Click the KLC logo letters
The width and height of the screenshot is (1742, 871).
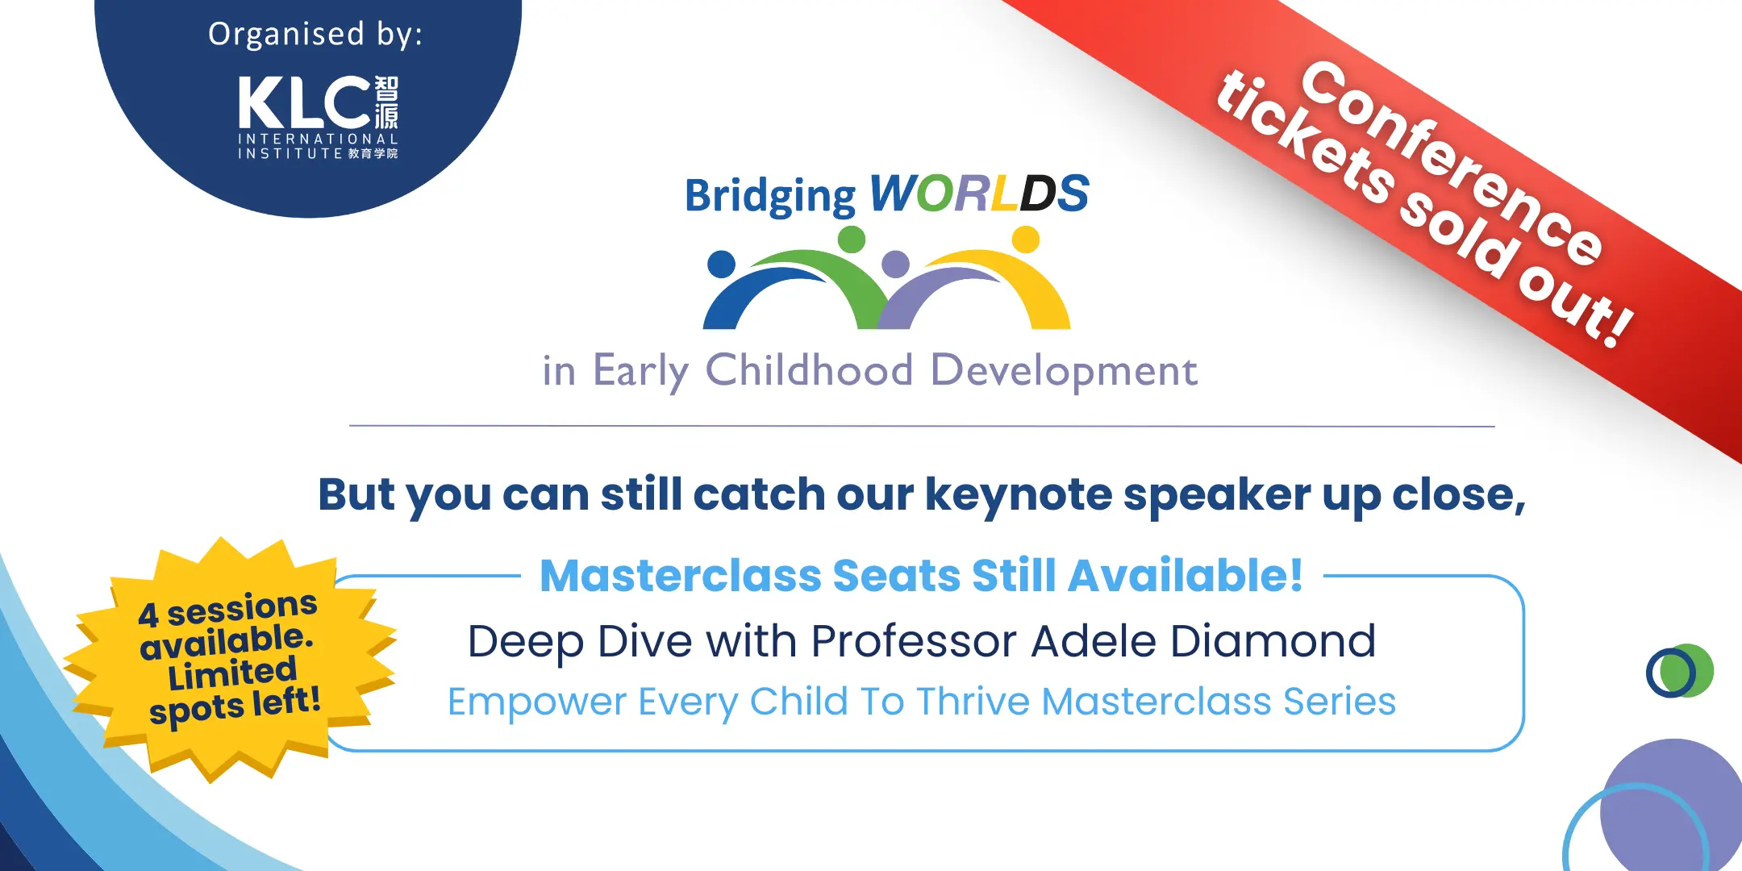coord(304,102)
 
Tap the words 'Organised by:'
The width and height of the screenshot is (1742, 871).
coord(315,35)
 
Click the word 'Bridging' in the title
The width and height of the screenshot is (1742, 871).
coord(769,196)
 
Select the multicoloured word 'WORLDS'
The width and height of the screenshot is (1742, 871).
coord(979,194)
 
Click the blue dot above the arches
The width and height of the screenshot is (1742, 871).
coord(721,264)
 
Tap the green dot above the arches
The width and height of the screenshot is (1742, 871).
coord(851,240)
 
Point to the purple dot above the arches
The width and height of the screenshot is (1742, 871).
coord(895,264)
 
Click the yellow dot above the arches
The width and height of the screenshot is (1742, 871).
coord(1025,240)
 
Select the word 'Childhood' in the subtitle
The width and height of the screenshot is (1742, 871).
coord(809,370)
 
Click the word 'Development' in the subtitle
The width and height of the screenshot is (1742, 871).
coord(1064,372)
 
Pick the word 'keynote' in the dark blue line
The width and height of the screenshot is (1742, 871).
coord(1019,494)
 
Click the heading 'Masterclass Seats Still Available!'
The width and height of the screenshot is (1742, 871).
coord(921,576)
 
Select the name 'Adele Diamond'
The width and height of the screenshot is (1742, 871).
coord(1203,642)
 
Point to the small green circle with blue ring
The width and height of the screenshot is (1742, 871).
coord(1680,671)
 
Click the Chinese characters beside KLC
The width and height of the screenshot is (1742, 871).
coord(386,102)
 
